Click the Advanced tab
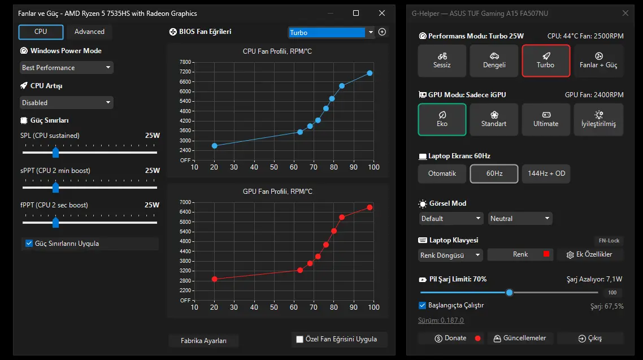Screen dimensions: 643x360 click(89, 32)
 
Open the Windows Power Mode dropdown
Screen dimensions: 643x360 click(67, 68)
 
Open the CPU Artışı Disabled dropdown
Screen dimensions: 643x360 click(67, 102)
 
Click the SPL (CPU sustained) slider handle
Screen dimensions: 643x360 click(56, 153)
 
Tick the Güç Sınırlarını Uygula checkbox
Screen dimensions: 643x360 click(29, 244)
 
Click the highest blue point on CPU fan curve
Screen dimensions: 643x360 click(370, 73)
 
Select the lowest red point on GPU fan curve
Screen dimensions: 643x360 click(215, 279)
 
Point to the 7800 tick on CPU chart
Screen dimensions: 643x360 click(185, 62)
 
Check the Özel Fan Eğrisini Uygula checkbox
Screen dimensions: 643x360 click(300, 339)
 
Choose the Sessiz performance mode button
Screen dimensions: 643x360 click(442, 60)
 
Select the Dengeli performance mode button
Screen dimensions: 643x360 click(494, 60)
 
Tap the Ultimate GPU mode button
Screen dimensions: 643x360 click(546, 119)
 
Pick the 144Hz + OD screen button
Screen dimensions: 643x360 click(546, 174)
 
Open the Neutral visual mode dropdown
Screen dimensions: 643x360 click(520, 219)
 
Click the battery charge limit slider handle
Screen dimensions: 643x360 click(509, 292)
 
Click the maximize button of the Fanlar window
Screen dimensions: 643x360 click(356, 13)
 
